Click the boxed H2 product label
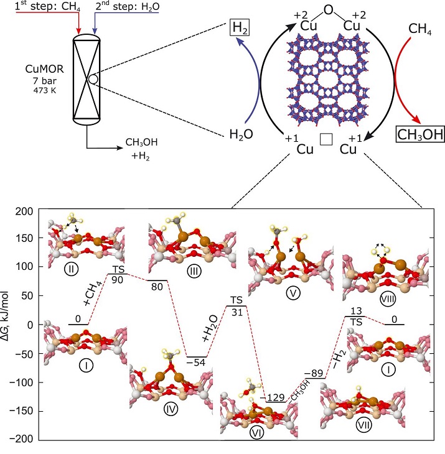click(240, 28)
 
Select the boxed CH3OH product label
click(420, 134)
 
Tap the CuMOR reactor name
click(44, 69)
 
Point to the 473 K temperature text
click(45, 91)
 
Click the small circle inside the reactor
click(93, 79)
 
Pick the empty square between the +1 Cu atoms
click(326, 139)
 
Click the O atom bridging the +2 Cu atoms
click(329, 10)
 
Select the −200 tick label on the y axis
click(21, 439)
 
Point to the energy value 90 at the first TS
click(118, 280)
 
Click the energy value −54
click(196, 362)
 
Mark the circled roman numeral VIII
click(388, 298)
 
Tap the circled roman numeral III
click(194, 271)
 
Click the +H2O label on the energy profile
click(210, 328)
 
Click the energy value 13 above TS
click(356, 311)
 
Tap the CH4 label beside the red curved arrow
click(420, 29)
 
